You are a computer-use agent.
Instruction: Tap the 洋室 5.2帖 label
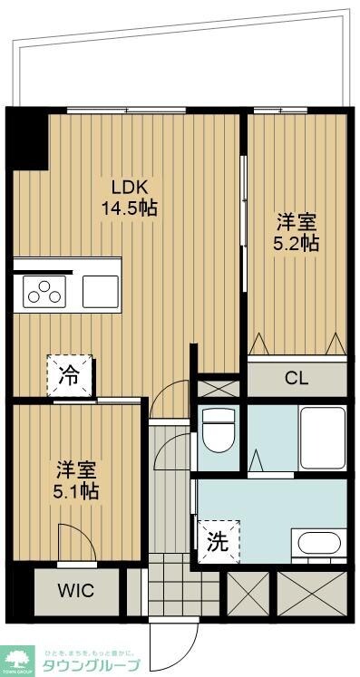coord(297,231)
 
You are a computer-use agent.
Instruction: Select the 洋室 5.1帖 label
coord(77,480)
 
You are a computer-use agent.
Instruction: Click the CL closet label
coord(296,377)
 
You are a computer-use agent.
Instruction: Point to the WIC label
coord(76,590)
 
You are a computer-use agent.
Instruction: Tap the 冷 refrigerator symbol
coord(70,372)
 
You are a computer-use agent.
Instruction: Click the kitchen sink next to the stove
coord(101,292)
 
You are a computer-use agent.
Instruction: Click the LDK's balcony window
coord(126,111)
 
